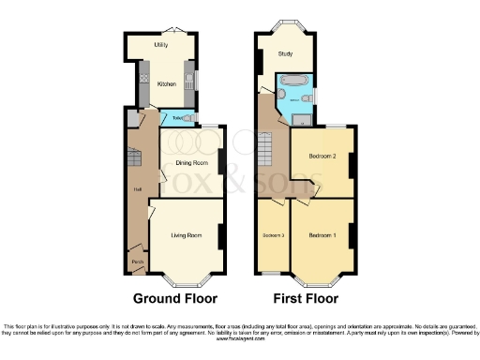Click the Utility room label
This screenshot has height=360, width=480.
click(x=161, y=44)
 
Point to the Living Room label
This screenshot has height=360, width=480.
click(x=187, y=235)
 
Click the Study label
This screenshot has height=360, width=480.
click(x=284, y=54)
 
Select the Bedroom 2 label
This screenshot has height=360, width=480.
click(x=322, y=157)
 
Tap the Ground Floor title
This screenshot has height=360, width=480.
click(x=174, y=299)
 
